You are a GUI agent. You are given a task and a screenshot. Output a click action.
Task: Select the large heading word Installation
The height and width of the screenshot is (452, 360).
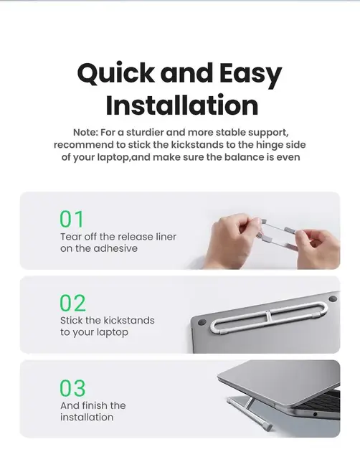(181, 105)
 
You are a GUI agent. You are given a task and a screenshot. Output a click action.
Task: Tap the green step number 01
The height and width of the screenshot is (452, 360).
(72, 219)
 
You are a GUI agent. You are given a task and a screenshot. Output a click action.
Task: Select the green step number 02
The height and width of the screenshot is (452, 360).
(72, 303)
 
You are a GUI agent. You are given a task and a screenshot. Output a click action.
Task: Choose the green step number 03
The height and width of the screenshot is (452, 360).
(72, 387)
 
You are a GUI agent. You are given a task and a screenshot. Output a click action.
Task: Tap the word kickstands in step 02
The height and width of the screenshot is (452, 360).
(129, 321)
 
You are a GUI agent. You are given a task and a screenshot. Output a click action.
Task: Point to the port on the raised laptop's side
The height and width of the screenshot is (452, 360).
(316, 415)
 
